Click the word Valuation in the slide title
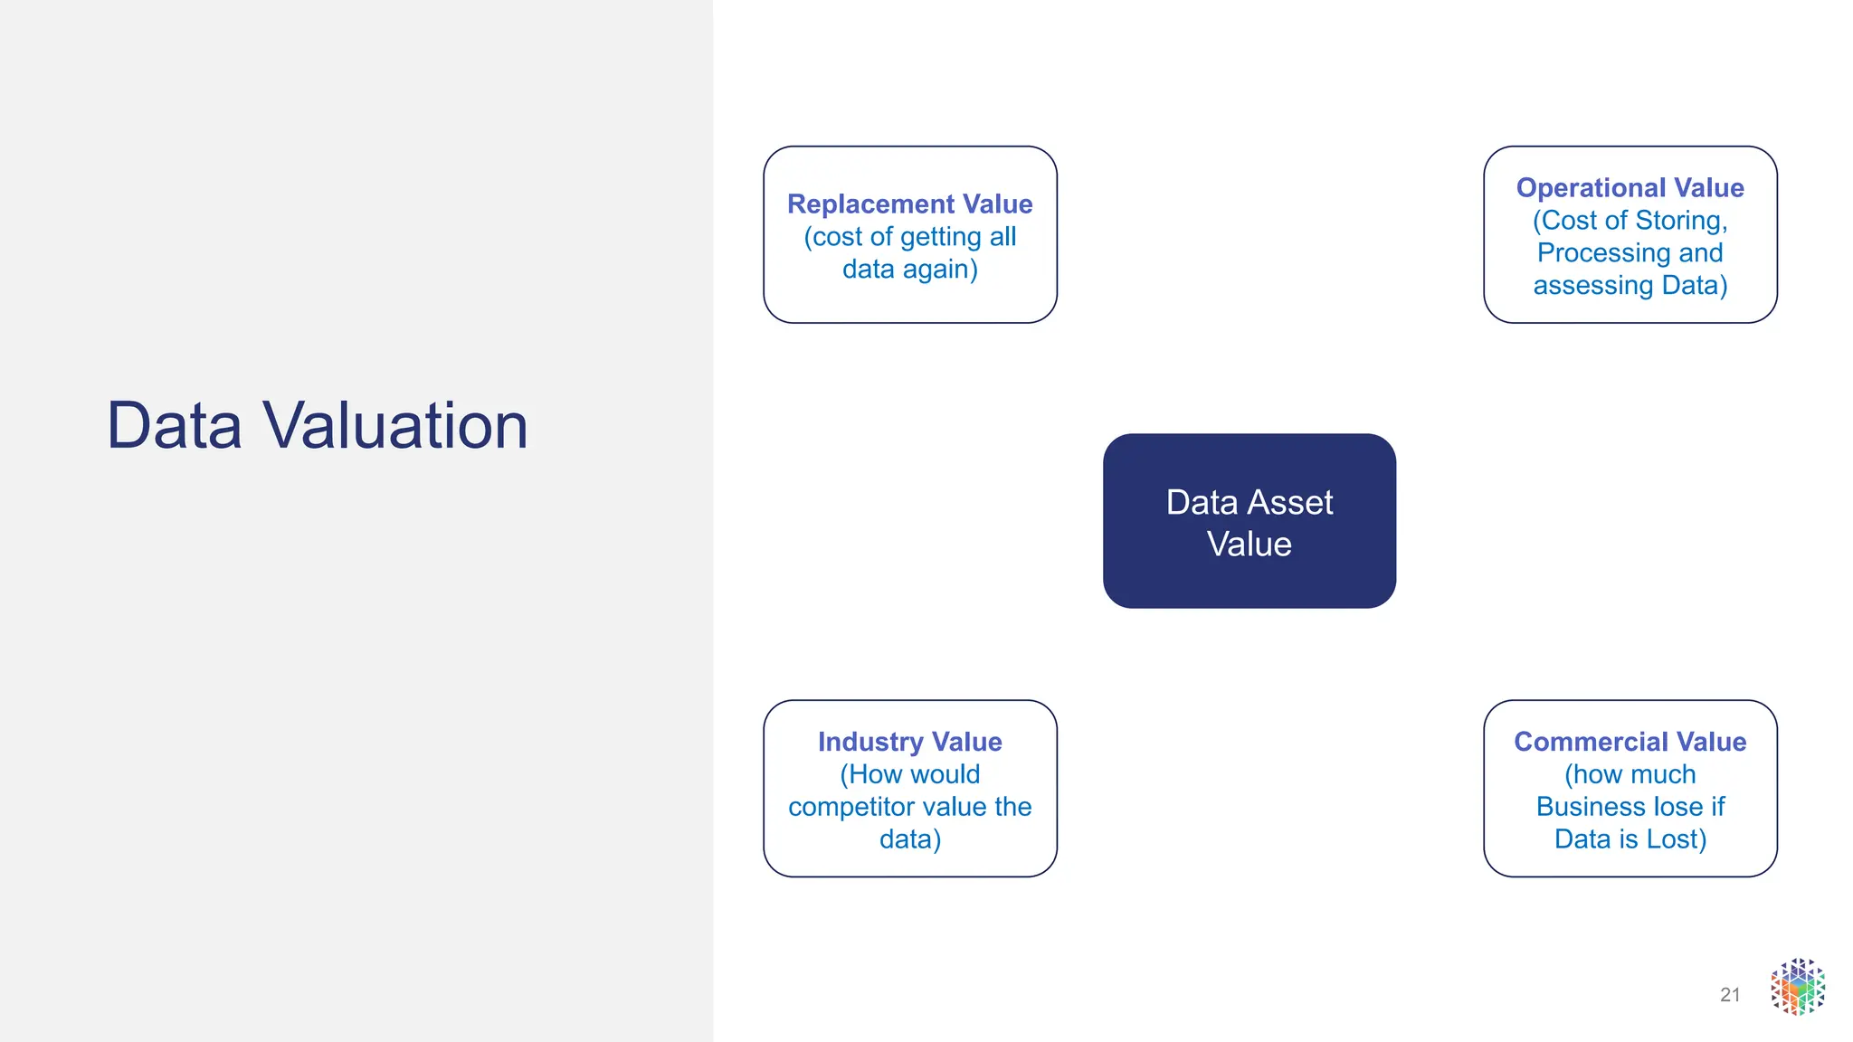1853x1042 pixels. tap(395, 425)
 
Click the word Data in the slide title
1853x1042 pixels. tap(175, 425)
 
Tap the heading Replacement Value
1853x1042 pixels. tap(909, 204)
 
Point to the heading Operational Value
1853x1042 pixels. tap(1630, 188)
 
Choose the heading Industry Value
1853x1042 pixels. tap(909, 742)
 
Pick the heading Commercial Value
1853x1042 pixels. tap(1630, 742)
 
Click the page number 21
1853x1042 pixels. tap(1730, 995)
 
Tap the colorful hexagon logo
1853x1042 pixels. tap(1798, 987)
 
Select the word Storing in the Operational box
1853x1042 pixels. tap(1681, 221)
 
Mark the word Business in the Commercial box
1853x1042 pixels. tap(1593, 807)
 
